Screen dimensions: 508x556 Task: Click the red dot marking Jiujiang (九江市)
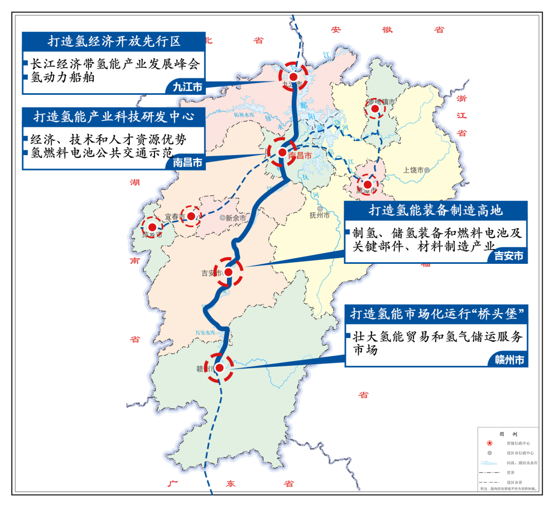tap(293, 77)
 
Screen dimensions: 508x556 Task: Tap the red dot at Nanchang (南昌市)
tap(282, 153)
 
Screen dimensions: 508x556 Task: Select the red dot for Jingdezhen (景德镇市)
tap(375, 109)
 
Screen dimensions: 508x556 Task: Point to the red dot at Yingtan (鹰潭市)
tap(368, 184)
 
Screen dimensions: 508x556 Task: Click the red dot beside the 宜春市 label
tap(191, 216)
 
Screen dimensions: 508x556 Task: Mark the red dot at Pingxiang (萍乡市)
tap(152, 227)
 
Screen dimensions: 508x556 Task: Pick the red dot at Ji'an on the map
tap(229, 272)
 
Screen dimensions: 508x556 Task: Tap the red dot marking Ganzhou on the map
tap(219, 368)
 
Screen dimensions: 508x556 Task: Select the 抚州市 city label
tap(320, 215)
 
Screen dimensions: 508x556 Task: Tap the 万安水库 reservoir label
tap(207, 333)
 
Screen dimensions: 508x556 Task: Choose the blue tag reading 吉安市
tap(508, 256)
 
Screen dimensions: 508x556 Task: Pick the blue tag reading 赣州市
tap(508, 360)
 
